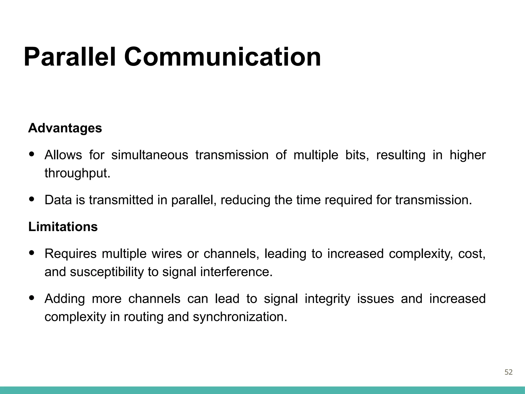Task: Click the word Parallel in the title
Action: [70, 57]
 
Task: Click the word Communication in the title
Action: [222, 57]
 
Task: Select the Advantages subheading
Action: [65, 128]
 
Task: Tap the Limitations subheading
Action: [63, 227]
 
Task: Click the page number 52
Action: [508, 372]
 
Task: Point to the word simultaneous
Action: [150, 155]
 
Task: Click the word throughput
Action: [77, 173]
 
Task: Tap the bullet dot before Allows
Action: [32, 154]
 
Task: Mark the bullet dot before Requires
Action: [32, 253]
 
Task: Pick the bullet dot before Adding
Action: [32, 298]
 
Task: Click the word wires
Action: [167, 254]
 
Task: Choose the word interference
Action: [236, 272]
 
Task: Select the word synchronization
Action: [240, 317]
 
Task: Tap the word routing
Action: [143, 317]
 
